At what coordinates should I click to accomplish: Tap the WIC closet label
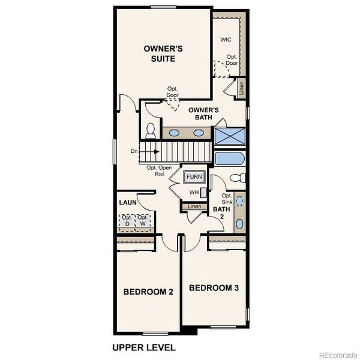[226, 40]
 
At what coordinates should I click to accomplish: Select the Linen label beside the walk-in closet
[242, 88]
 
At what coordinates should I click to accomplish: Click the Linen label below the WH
[194, 207]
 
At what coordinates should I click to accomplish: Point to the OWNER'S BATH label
[203, 113]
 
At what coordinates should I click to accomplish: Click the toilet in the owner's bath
[150, 129]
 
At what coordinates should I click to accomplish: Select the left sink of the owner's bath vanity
[174, 133]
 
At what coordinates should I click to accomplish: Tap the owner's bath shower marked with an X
[230, 137]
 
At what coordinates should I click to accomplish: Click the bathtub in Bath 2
[230, 158]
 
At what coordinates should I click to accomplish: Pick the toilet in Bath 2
[238, 178]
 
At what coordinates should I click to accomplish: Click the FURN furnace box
[194, 177]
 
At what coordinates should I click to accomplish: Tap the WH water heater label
[194, 193]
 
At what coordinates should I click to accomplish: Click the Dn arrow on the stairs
[142, 152]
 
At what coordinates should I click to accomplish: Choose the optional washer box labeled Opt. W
[142, 220]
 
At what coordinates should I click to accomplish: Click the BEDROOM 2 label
[148, 292]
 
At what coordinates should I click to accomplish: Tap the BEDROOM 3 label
[214, 288]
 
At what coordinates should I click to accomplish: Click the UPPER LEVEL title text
[144, 347]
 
